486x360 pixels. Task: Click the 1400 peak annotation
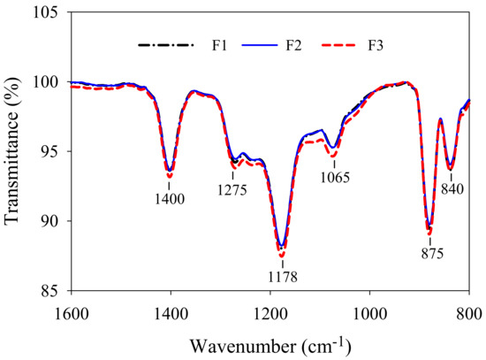[170, 198]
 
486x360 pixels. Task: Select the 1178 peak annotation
[283, 277]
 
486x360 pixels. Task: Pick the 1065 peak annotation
[335, 177]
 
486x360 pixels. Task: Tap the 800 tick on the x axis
[469, 311]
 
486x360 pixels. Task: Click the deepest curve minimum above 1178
[282, 256]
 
